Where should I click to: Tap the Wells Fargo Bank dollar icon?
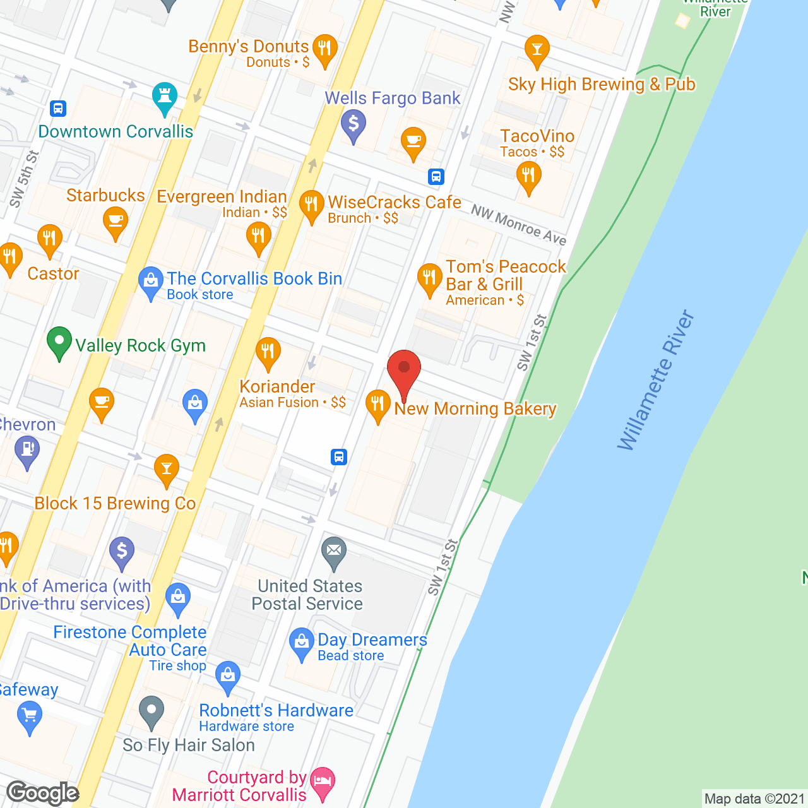[x=353, y=124]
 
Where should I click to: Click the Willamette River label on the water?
[x=656, y=381]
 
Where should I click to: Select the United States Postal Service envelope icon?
[x=334, y=552]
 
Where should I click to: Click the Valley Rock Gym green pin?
[x=59, y=342]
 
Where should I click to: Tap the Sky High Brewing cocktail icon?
[x=537, y=50]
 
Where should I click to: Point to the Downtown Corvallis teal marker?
[x=164, y=98]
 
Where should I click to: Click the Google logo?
[x=43, y=793]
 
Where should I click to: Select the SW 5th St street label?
[x=24, y=179]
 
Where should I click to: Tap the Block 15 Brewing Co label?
[x=115, y=503]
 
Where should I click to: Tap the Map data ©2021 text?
[x=754, y=799]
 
